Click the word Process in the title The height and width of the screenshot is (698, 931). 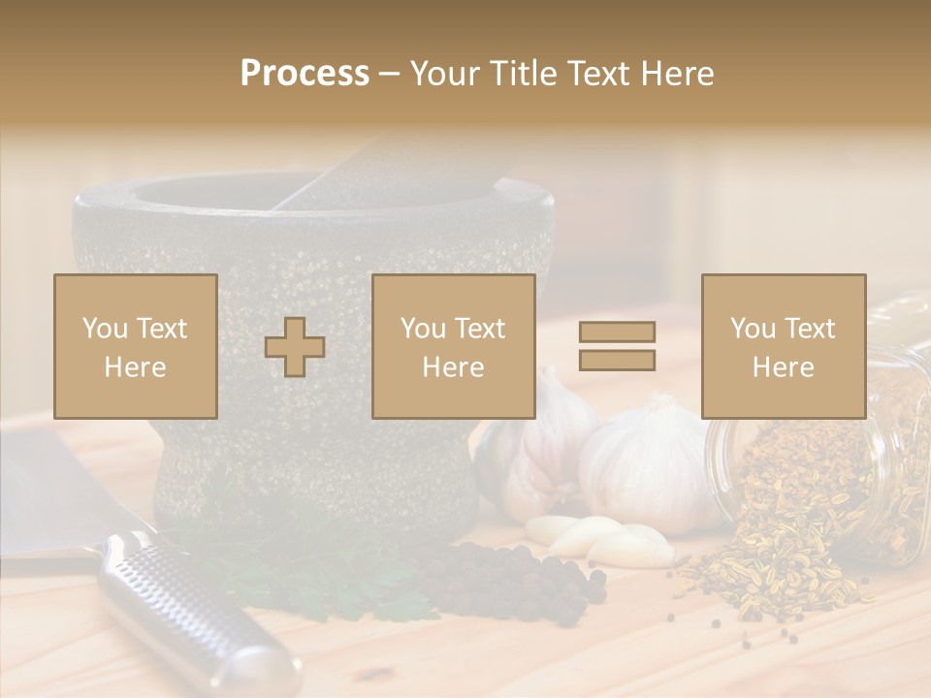(305, 74)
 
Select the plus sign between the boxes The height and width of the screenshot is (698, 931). (295, 347)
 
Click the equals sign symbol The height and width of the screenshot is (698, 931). (617, 346)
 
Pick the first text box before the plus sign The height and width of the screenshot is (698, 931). (136, 346)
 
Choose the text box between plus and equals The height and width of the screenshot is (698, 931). (453, 346)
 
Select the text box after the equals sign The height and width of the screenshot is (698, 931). (783, 346)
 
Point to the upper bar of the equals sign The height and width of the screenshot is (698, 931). (617, 332)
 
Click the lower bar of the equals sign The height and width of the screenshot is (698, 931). (617, 360)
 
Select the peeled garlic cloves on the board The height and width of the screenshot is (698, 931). (601, 538)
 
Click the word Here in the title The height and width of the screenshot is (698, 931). (677, 74)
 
